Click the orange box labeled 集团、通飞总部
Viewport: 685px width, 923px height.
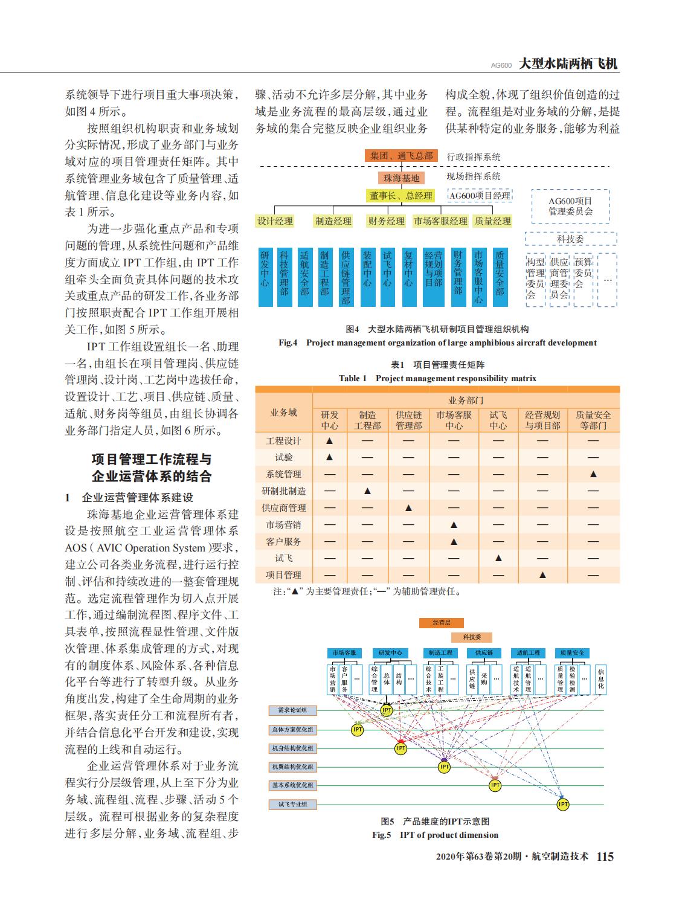[x=402, y=156]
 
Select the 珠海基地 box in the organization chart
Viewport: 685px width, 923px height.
[x=402, y=178]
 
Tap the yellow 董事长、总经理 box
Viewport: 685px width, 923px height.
[x=402, y=196]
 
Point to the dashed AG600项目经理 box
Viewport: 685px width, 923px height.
[x=480, y=195]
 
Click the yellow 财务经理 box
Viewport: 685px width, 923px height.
[x=387, y=221]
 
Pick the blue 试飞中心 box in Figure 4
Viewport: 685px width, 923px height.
[x=388, y=276]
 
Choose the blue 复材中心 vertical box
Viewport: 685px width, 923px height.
[x=408, y=276]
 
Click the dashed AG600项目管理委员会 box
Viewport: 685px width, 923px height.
[x=570, y=206]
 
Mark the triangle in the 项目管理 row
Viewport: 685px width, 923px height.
[x=542, y=575]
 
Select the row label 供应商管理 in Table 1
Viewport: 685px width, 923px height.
[x=284, y=508]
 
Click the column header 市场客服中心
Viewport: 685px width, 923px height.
[x=454, y=420]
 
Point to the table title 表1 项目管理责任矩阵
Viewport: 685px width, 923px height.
[x=438, y=365]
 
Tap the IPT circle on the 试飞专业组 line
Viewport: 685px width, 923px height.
[x=563, y=805]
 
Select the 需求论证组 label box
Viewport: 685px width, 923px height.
[x=293, y=711]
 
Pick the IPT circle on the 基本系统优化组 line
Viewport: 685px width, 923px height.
[x=495, y=786]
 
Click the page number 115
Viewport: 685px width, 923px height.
[x=605, y=857]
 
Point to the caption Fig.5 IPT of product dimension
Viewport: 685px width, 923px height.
[x=435, y=835]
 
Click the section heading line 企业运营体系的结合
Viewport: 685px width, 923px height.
[x=152, y=477]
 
